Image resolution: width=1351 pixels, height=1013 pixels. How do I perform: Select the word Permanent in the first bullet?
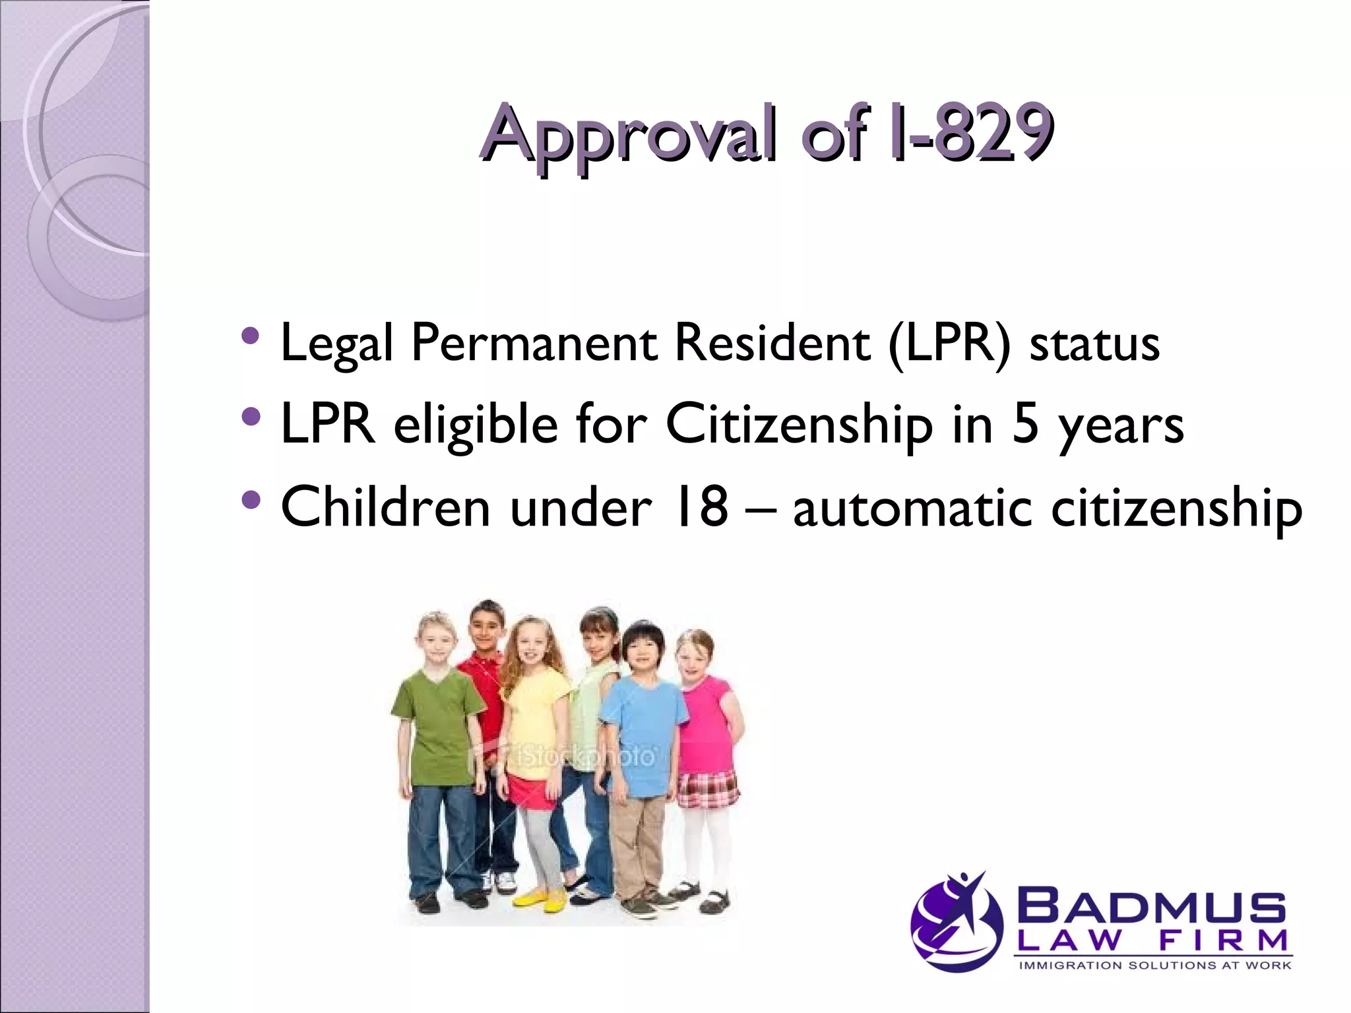534,344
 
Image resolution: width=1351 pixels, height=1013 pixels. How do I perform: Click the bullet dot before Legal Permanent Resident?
251,336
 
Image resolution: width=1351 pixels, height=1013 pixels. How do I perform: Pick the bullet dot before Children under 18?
251,500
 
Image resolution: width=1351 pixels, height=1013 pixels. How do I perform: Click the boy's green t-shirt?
435,725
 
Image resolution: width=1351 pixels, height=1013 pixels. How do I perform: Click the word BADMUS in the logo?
1151,908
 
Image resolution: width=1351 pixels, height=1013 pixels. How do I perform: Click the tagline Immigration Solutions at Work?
1154,966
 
